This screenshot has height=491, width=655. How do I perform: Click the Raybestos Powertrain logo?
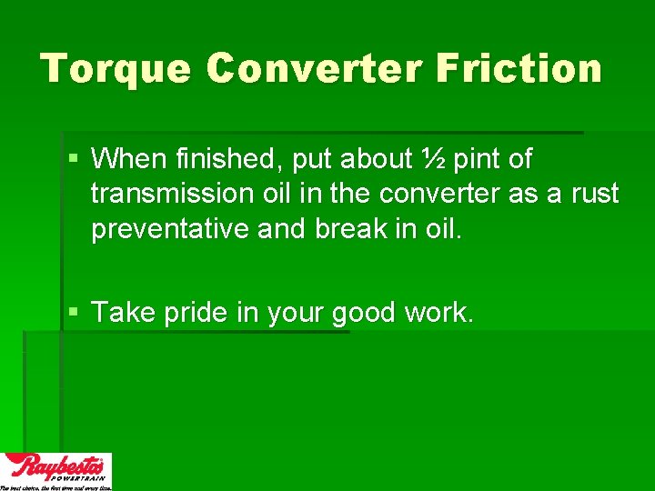tap(55, 470)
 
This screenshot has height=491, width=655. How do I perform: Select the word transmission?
tap(170, 194)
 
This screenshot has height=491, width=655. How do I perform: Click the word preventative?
tap(170, 228)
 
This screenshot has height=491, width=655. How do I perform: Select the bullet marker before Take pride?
tap(74, 313)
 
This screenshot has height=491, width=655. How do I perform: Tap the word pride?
tap(196, 313)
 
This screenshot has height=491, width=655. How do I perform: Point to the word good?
tap(363, 313)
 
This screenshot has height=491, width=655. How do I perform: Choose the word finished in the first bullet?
tap(223, 159)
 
